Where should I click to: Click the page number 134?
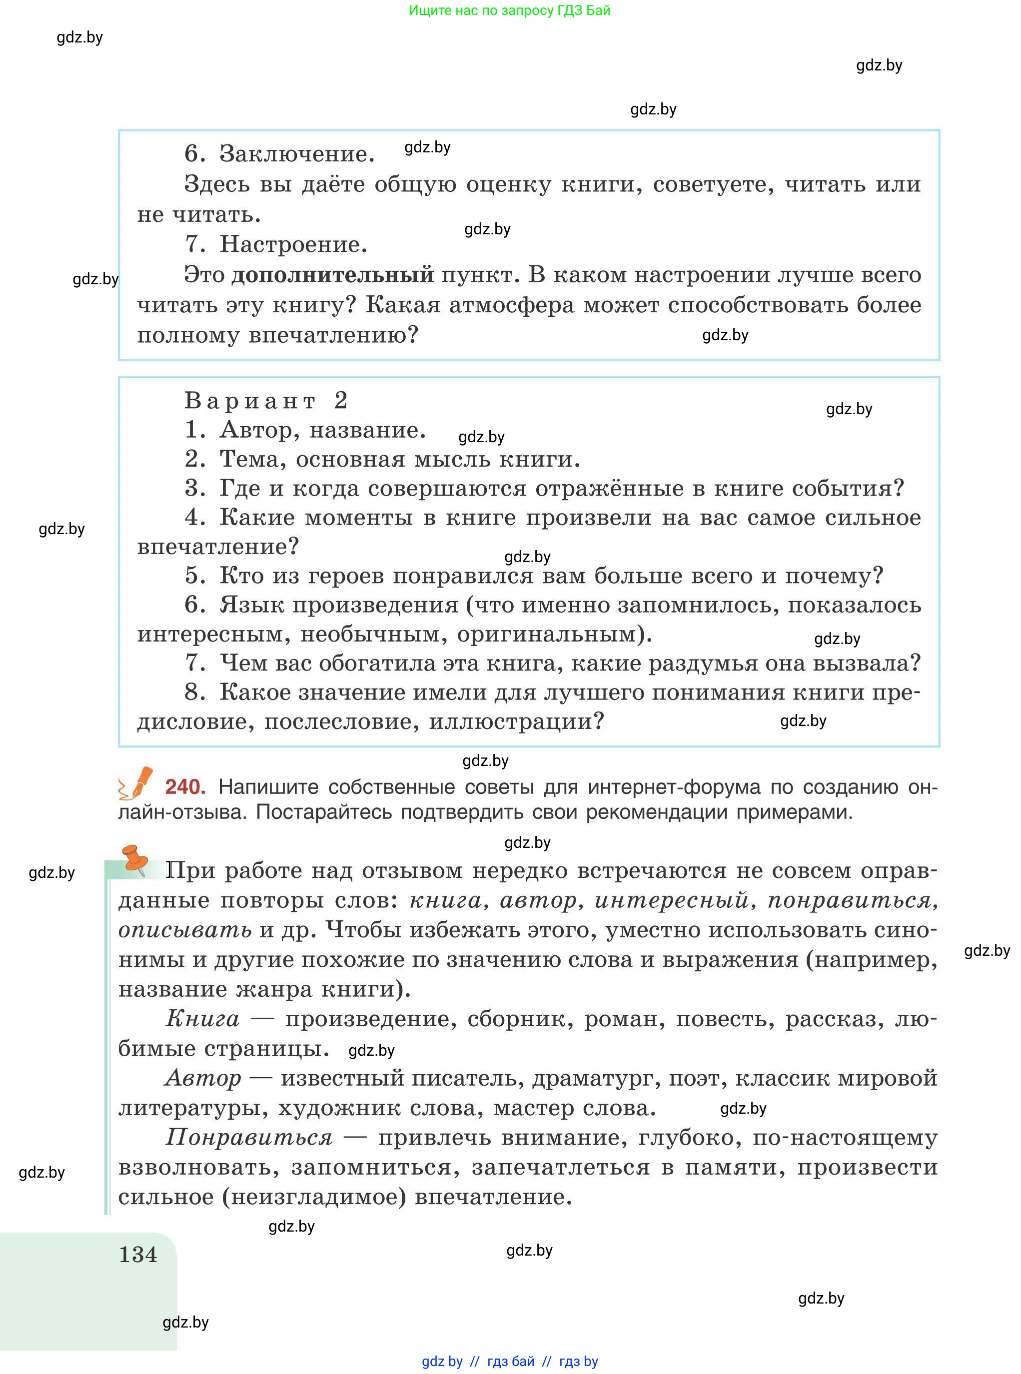138,1255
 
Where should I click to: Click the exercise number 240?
184,786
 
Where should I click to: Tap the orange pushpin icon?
135,859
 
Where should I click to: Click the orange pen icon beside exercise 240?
138,782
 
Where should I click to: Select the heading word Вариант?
250,401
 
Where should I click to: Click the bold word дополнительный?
332,274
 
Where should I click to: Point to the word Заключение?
297,154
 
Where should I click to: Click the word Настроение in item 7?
293,245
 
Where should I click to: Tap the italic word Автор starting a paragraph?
203,1078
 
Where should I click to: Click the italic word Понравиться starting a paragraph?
249,1137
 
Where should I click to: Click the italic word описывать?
185,930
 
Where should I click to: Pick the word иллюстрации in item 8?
516,721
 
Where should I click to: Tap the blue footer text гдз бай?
511,1362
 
